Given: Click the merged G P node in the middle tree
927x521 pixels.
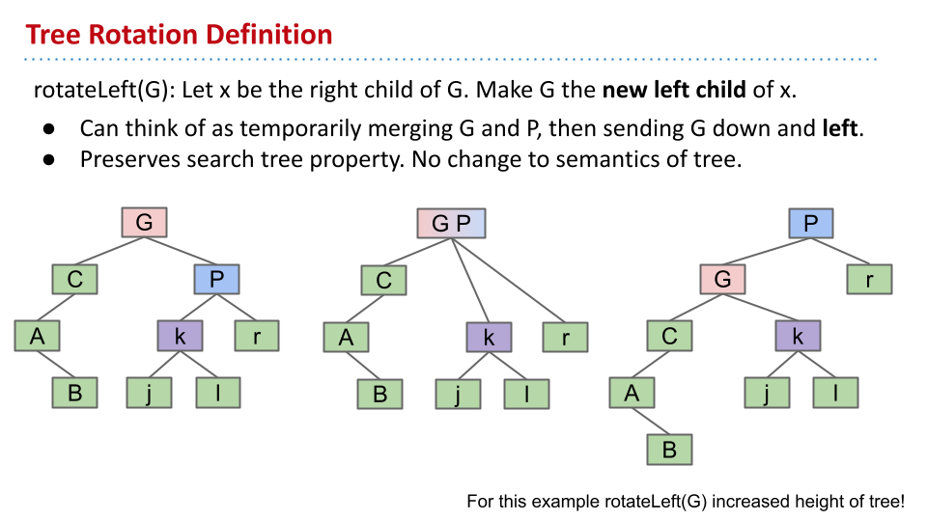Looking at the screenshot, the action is point(451,223).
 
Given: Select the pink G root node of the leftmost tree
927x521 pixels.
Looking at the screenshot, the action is point(144,222).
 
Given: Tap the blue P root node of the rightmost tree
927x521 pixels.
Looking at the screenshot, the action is point(811,223).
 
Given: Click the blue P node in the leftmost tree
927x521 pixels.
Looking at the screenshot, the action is point(216,279).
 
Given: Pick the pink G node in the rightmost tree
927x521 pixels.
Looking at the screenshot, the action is point(722,279).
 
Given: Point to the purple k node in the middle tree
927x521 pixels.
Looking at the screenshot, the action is point(489,338).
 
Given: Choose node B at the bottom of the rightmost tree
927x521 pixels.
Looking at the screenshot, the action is point(669,450).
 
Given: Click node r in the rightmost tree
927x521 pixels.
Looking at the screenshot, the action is point(869,280).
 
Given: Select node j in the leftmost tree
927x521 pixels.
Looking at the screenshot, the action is point(149,393).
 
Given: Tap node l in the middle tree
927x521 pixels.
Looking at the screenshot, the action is point(526,394).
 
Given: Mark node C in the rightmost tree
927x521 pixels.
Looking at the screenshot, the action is point(669,336).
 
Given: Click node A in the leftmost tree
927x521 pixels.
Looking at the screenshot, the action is point(38,336).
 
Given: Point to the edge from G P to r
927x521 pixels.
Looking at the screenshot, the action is point(509,280).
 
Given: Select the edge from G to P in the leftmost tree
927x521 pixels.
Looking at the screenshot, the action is point(181,251).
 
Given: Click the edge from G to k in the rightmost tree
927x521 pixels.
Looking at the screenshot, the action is point(760,308).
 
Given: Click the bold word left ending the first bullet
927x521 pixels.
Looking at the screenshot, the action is point(840,128).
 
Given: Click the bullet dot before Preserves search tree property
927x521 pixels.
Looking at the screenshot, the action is point(49,159).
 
